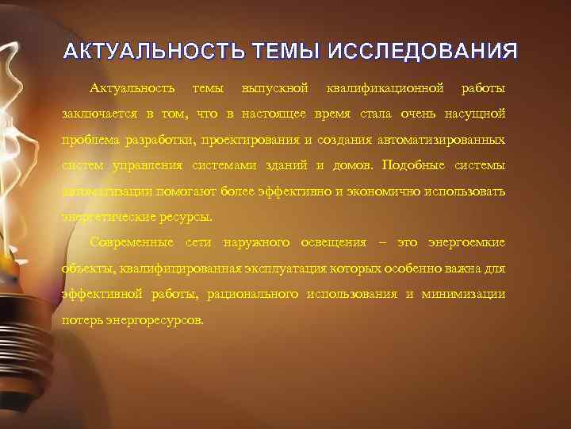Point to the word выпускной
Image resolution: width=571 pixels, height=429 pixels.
(x=274, y=86)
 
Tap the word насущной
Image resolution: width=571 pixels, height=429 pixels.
(x=473, y=113)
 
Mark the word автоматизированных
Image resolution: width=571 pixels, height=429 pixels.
(x=437, y=139)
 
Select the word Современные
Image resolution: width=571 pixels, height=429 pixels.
(x=132, y=242)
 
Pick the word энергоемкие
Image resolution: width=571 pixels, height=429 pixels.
(x=466, y=242)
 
